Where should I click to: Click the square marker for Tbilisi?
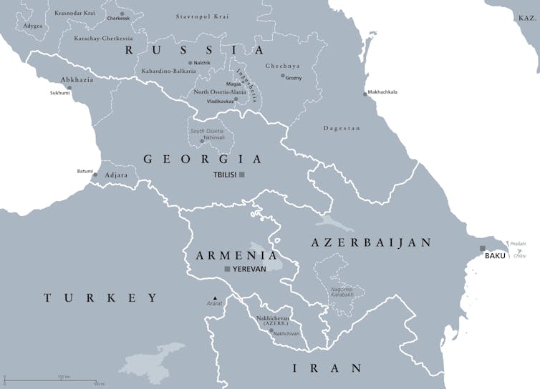pos(242,174)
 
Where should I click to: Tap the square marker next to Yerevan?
pos(228,269)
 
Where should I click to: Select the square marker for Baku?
pos(483,248)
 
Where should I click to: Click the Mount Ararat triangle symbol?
pos(213,297)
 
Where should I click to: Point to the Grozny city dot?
pos(283,75)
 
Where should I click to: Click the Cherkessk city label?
pos(118,19)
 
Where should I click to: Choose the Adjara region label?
pos(116,174)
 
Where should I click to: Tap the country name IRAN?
pos(327,368)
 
